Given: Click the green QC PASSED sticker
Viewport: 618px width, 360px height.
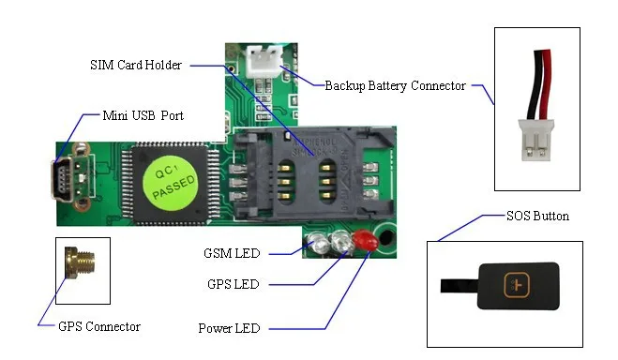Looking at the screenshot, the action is coord(171,183).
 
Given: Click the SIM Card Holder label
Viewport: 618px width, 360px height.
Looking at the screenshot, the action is coord(136,65).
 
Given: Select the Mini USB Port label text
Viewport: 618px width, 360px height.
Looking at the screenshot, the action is coord(143,116).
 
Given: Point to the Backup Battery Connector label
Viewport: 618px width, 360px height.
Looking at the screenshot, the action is coord(395,86).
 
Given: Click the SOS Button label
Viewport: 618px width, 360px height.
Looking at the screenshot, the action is coord(537,216).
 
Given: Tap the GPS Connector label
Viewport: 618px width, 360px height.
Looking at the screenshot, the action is coord(98,326).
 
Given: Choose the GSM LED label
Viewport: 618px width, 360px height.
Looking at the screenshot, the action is coord(232,253).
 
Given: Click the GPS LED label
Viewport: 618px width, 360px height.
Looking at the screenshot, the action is coord(233,284).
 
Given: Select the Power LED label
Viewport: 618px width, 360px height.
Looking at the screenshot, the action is coord(229,328).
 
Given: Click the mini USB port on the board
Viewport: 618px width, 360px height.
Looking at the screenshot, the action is coord(62,179).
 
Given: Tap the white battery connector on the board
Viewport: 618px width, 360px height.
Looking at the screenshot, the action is coord(264,61).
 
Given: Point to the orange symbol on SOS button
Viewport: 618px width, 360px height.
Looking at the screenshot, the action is coord(517,285).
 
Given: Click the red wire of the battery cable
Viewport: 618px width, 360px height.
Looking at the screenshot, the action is coord(545,84).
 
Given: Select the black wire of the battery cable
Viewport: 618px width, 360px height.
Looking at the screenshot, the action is coord(535,85).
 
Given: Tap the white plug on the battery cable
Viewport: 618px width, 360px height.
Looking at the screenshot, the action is coord(535,140).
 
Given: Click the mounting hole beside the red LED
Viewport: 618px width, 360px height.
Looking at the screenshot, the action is coord(385,237).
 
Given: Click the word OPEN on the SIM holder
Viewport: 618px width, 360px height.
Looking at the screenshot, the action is coord(344,160).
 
